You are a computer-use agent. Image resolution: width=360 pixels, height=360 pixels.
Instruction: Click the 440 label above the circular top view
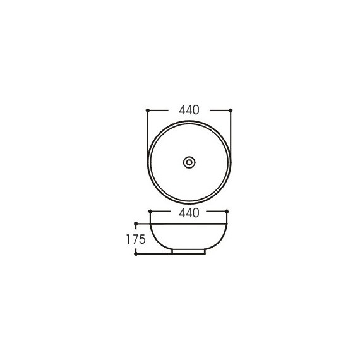point(189,110)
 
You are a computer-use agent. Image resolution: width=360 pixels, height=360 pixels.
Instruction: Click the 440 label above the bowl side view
point(189,213)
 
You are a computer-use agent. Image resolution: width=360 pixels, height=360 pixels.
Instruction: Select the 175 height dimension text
point(136,239)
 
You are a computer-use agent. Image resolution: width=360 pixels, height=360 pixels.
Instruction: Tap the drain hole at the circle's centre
point(189,162)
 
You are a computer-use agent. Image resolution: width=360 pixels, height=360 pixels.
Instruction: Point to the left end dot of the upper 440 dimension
point(148,111)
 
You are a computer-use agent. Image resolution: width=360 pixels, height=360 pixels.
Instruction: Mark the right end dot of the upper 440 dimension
point(231,111)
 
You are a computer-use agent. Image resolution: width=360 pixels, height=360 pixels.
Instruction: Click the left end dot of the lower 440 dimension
point(150,211)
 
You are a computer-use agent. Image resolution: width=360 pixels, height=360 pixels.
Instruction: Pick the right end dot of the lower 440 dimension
point(227,211)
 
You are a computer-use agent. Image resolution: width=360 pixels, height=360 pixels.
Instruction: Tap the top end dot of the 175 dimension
point(136,224)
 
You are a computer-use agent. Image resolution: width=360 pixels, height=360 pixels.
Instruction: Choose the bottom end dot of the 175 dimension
point(136,254)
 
